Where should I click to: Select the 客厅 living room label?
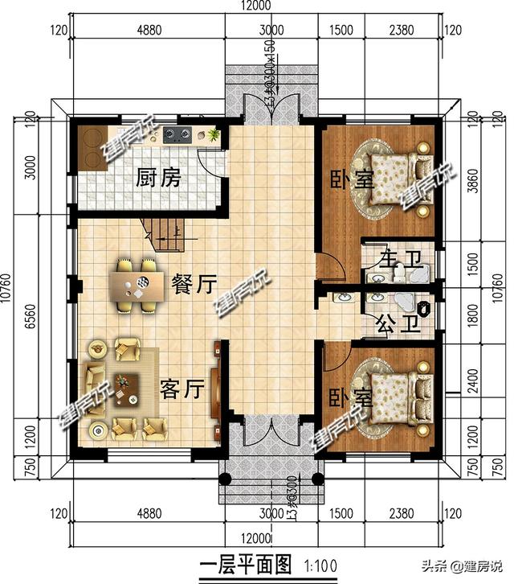(180, 389)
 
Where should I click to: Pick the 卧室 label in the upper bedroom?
(352, 178)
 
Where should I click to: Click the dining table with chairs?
(137, 283)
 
